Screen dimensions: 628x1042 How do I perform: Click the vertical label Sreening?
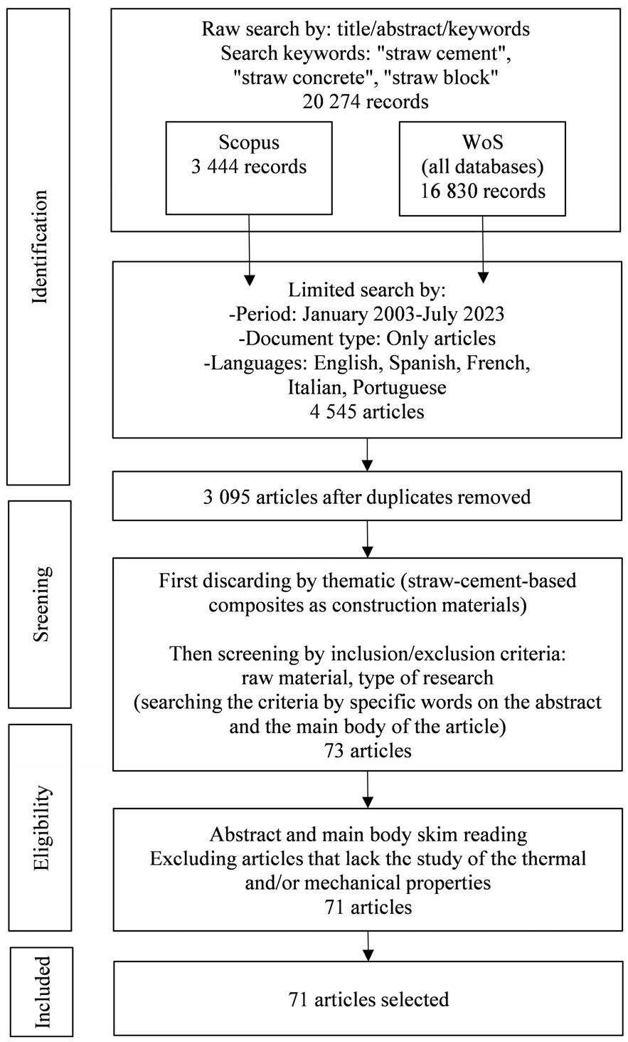point(41,604)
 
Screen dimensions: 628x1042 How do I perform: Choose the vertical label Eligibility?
point(42,828)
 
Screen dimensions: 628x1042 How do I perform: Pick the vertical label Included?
point(42,992)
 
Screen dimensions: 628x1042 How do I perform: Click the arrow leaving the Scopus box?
point(249,250)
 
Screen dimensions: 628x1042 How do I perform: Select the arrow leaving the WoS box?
point(483,249)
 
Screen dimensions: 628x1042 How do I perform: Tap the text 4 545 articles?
point(367,411)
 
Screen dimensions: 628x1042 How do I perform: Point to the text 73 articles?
point(368,751)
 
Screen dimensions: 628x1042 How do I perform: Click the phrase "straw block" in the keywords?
point(445,77)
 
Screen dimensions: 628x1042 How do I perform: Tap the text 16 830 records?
point(483,191)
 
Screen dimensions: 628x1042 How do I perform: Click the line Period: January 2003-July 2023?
point(367,314)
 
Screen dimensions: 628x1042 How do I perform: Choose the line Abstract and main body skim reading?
point(368,835)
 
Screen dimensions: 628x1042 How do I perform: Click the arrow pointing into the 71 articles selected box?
point(368,946)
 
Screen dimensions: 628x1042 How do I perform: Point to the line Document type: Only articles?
point(367,338)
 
